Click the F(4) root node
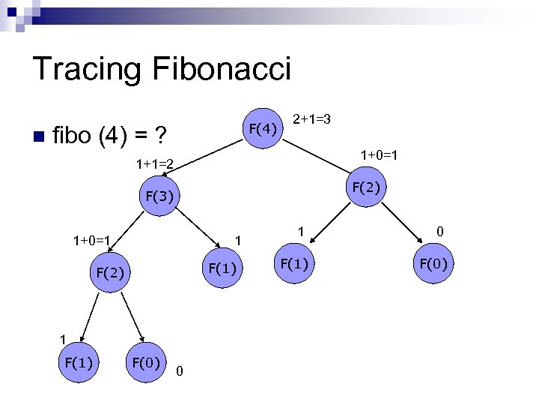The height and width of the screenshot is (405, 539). [x=264, y=128]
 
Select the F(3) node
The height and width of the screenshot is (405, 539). [x=159, y=197]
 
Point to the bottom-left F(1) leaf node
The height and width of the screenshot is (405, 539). [x=78, y=363]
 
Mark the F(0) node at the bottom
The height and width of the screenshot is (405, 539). [x=147, y=363]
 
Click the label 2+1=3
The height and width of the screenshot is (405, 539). [x=312, y=119]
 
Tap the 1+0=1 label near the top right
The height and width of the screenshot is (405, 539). [x=378, y=155]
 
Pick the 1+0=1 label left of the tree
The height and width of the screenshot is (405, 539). [x=91, y=241]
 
